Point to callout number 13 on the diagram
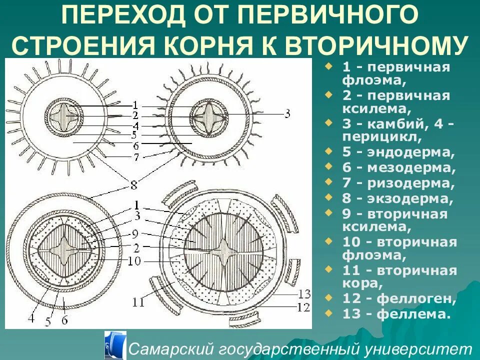click(x=303, y=293)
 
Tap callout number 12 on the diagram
click(x=303, y=307)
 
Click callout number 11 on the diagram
click(x=139, y=302)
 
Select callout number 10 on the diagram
click(x=135, y=261)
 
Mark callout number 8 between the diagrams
click(x=133, y=185)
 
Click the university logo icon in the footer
click(x=114, y=345)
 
